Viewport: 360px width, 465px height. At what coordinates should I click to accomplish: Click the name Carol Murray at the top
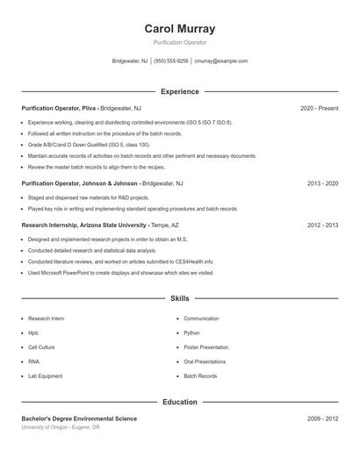(x=179, y=29)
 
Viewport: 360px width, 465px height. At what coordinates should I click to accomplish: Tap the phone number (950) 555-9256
(x=172, y=61)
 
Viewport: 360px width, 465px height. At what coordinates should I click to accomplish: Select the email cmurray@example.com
(x=220, y=61)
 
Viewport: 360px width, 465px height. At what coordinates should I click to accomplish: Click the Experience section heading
(x=179, y=91)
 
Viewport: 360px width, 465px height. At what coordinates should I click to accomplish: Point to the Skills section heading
(x=179, y=298)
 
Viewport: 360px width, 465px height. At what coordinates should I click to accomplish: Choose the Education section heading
(x=179, y=402)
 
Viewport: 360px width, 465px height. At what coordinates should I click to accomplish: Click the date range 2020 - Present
(x=319, y=108)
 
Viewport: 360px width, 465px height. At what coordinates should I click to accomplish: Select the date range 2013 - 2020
(x=322, y=183)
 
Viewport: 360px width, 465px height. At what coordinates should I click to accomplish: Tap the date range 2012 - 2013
(x=322, y=225)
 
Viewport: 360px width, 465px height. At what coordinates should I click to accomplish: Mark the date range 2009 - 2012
(x=322, y=419)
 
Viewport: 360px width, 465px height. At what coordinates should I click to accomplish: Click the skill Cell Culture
(x=42, y=347)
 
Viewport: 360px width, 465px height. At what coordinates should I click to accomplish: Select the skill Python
(x=192, y=333)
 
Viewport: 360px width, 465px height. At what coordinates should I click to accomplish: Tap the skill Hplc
(x=33, y=333)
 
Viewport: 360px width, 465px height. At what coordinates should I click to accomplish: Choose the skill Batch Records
(x=200, y=376)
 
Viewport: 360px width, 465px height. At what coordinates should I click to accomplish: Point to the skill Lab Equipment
(x=45, y=376)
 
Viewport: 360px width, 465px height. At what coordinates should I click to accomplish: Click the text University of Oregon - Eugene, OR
(x=61, y=427)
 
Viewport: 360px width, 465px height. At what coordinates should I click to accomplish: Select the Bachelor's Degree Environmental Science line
(x=79, y=419)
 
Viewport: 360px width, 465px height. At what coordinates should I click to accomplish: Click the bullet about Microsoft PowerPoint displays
(x=120, y=273)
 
